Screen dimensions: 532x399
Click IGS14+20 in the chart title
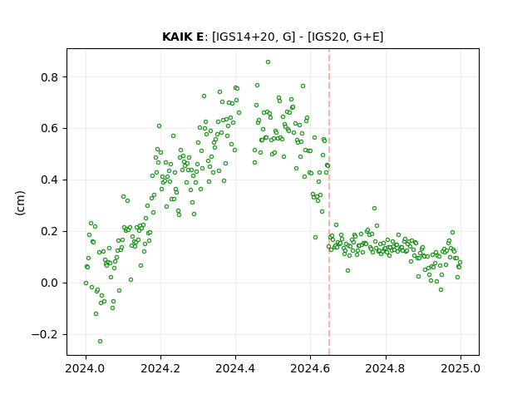[244, 37]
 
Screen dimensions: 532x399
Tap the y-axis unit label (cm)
[20, 203]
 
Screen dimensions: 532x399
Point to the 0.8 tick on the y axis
[50, 77]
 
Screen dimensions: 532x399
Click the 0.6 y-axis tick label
[50, 129]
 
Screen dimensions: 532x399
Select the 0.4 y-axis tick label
[50, 180]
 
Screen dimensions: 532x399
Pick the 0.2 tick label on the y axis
[50, 232]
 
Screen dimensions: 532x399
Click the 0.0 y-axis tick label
[50, 283]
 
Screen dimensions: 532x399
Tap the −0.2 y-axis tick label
[45, 334]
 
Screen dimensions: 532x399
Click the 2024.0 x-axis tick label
[86, 368]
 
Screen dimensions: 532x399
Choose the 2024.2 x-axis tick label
[160, 368]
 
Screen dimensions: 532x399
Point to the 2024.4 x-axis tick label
[235, 368]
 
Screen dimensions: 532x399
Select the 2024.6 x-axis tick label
[310, 368]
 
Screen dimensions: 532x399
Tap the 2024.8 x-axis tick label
[386, 368]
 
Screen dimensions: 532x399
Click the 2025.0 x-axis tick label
[461, 368]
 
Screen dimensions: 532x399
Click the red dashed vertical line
[329, 202]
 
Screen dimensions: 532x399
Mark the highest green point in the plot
[268, 62]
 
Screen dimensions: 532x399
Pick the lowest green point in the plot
[100, 342]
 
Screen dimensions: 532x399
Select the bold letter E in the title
[199, 37]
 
